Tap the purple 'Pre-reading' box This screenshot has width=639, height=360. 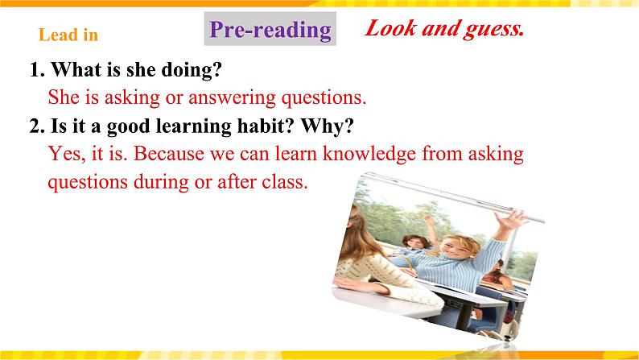[x=270, y=30]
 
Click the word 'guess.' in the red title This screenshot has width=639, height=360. [x=489, y=29]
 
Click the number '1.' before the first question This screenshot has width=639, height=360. [x=36, y=71]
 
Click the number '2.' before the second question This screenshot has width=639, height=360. [x=36, y=126]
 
